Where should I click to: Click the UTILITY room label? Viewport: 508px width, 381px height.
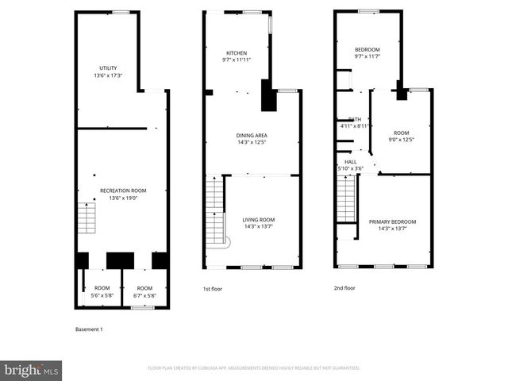tap(108, 67)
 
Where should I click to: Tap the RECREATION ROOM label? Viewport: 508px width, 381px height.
tap(123, 190)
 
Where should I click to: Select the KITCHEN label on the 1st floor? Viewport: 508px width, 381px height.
tap(236, 52)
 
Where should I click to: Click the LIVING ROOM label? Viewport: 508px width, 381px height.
tap(259, 219)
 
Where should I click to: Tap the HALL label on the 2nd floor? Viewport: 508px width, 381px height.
tap(350, 161)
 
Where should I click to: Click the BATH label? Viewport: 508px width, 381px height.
tap(354, 119)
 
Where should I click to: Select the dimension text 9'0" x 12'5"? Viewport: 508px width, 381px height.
tap(401, 140)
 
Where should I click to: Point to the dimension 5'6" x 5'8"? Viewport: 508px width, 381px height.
tap(102, 295)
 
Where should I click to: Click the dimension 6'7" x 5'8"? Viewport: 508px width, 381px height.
tap(144, 295)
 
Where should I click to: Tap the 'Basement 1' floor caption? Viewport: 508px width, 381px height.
tap(88, 329)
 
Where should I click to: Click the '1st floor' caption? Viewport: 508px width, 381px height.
tap(212, 289)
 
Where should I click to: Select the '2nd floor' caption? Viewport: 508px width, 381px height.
tap(344, 288)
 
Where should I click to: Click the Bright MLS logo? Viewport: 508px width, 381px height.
tap(31, 370)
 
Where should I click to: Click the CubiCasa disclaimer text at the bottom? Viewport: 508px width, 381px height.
tap(254, 368)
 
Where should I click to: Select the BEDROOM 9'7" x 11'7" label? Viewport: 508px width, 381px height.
tap(367, 53)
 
